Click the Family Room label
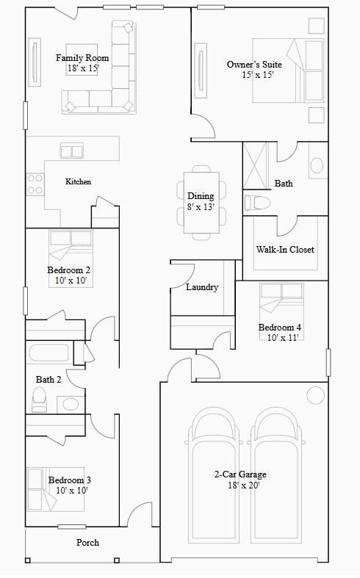pos(82,58)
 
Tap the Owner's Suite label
pos(254,65)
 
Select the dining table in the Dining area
pos(201,201)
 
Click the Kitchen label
pos(79,181)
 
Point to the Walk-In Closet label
pos(285,250)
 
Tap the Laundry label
pos(202,287)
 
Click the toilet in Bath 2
pos(40,399)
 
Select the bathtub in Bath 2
pos(49,353)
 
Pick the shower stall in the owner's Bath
pos(254,165)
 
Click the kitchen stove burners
pos(35,184)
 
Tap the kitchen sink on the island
pos(71,151)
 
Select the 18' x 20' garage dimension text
pos(240,485)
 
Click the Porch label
pos(88,543)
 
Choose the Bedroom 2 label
pos(69,270)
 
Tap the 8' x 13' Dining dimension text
pos(201,207)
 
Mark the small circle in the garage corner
pos(315,395)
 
